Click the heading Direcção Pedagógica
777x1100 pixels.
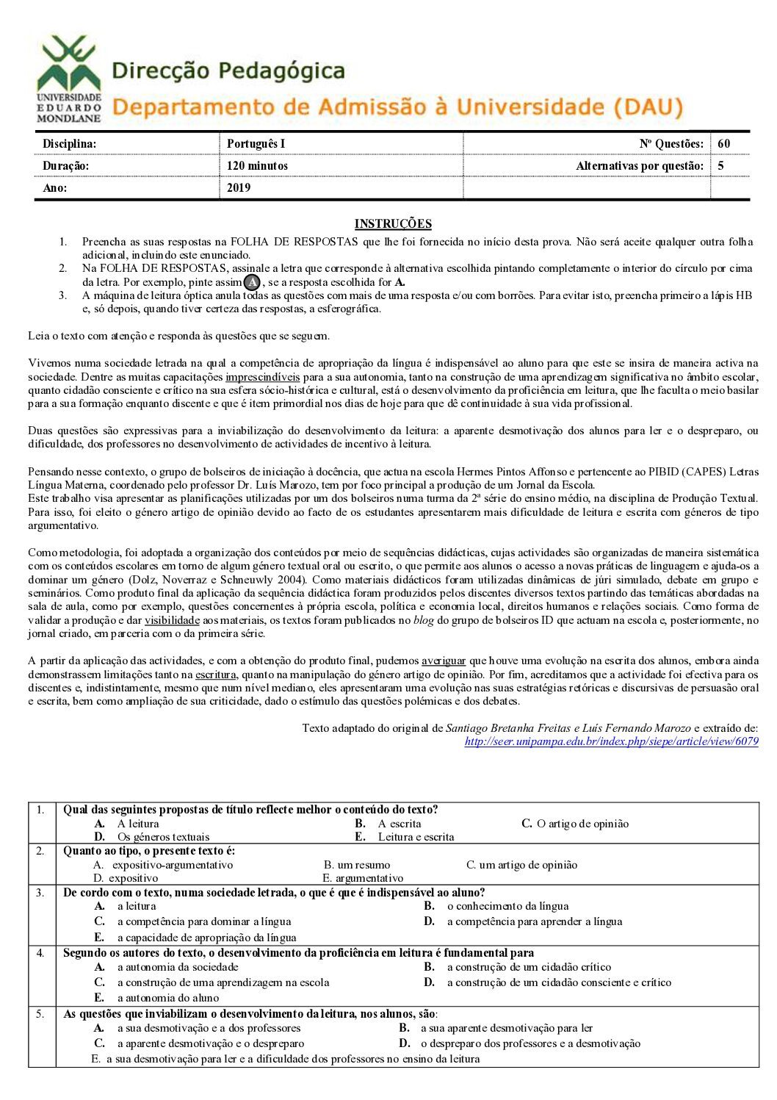point(228,71)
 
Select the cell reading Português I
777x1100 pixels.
point(256,144)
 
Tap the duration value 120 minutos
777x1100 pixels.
point(257,166)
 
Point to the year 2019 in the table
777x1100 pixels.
point(239,188)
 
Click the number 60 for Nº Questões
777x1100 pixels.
point(724,144)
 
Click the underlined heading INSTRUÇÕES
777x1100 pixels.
point(393,224)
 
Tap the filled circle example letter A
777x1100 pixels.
point(252,282)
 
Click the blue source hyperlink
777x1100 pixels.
point(611,741)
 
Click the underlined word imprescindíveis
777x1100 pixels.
point(263,377)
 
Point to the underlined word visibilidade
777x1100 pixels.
point(172,620)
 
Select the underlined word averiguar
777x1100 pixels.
point(444,661)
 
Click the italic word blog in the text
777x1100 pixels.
point(424,620)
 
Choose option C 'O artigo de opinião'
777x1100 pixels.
point(575,824)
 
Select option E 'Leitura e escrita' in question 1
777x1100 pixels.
point(415,837)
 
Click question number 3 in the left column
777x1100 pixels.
point(41,893)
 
